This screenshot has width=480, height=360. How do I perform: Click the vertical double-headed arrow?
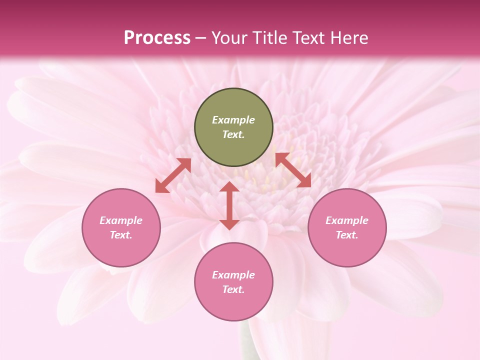[x=229, y=205]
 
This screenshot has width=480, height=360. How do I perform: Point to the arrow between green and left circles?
[x=173, y=175]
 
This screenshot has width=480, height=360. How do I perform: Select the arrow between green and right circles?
[x=293, y=170]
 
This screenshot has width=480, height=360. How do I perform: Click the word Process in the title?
[x=157, y=37]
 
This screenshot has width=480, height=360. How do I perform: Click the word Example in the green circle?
[x=233, y=120]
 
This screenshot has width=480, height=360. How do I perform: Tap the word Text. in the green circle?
[x=233, y=134]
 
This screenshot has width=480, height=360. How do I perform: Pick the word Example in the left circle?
[x=121, y=220]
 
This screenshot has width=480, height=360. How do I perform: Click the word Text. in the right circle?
[x=347, y=235]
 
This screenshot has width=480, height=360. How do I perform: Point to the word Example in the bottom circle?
[x=233, y=275]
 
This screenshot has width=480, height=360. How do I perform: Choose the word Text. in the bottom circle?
[x=233, y=289]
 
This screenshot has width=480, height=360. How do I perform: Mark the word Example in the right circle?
[x=347, y=220]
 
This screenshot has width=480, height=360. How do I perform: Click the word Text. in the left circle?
[x=121, y=235]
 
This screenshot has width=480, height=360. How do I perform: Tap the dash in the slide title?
[x=201, y=38]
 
